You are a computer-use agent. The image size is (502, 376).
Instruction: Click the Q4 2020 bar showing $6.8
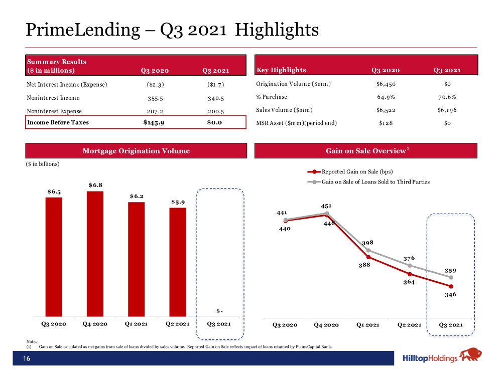coord(95,254)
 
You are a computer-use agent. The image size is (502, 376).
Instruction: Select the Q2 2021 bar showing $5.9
coord(178,262)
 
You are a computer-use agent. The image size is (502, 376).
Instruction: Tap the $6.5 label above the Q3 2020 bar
coord(54,192)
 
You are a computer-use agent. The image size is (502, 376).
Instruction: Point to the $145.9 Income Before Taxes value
coord(154,122)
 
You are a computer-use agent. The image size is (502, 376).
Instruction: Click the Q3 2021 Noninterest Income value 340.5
coord(216,98)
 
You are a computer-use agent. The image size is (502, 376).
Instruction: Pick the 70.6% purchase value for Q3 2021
coord(447,97)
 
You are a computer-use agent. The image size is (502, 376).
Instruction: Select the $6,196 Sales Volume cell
coord(447,110)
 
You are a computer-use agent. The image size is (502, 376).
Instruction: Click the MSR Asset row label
coord(297,123)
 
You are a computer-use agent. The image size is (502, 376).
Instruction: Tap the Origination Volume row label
coord(293,84)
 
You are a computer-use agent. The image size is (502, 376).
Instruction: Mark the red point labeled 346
coord(451,286)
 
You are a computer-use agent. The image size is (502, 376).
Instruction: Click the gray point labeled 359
coord(451,278)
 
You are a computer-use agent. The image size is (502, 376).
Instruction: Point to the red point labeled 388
coord(368,257)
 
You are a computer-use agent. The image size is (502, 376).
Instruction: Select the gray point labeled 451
coord(327,213)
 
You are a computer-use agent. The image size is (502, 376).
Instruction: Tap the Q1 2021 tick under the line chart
coord(368,325)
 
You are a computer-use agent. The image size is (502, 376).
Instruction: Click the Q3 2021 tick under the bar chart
coord(219,324)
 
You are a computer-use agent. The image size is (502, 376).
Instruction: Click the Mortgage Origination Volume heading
coord(136,151)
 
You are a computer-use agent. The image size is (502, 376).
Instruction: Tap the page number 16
coord(27,358)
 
